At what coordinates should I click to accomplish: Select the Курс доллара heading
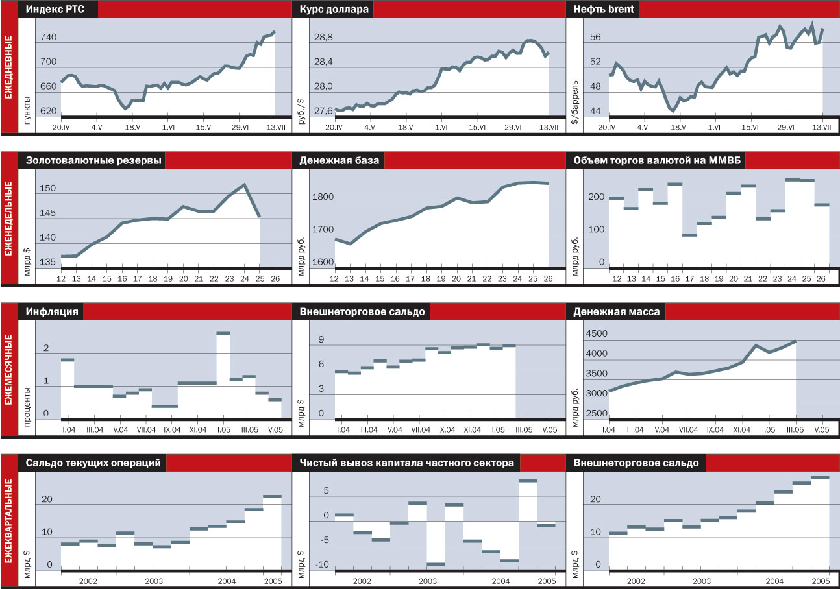click(333, 10)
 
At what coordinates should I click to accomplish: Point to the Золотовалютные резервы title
click(94, 161)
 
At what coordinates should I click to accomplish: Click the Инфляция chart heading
click(53, 312)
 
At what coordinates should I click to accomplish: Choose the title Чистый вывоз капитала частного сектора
click(407, 463)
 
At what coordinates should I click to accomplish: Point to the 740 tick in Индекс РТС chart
click(48, 38)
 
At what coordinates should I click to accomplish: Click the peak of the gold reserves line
click(244, 185)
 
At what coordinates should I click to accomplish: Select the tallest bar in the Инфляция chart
click(223, 333)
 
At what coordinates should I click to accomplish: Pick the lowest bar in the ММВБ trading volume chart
click(689, 235)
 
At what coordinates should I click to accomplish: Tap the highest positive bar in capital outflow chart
click(528, 481)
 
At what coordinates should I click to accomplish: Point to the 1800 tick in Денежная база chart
click(324, 198)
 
